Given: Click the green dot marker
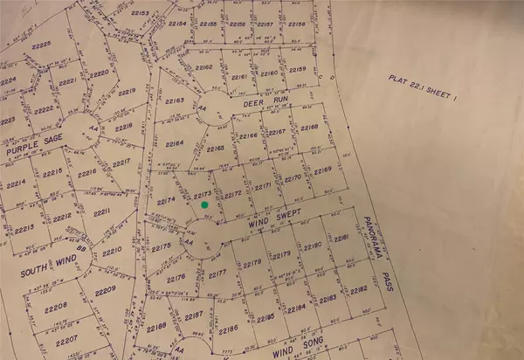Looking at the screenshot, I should (x=204, y=204).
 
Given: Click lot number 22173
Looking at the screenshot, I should (x=202, y=192).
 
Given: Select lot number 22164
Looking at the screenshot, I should (x=175, y=142).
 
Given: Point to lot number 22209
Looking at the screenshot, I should (x=106, y=288).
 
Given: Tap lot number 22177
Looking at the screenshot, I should (x=217, y=273).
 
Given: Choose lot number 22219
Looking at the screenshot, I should (x=128, y=92).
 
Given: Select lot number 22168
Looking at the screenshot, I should (x=309, y=128).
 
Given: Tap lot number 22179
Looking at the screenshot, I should (x=280, y=254).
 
